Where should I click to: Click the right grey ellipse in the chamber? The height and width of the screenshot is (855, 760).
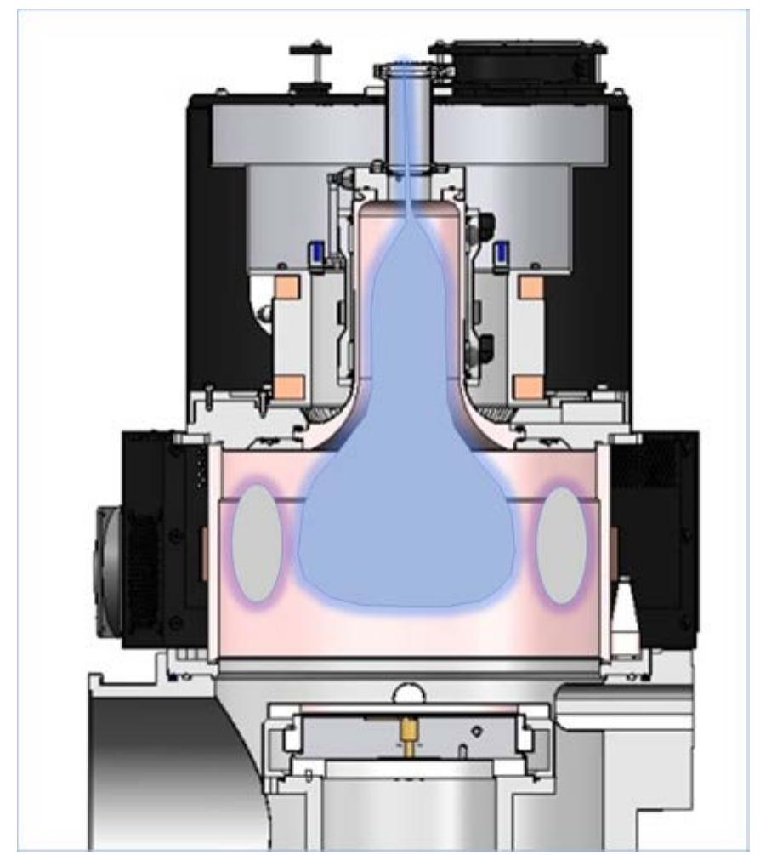tap(561, 544)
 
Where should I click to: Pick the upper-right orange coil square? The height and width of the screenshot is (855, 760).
tap(531, 288)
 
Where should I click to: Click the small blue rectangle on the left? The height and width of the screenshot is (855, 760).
tap(314, 252)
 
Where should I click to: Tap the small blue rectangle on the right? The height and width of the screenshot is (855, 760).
tap(502, 252)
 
